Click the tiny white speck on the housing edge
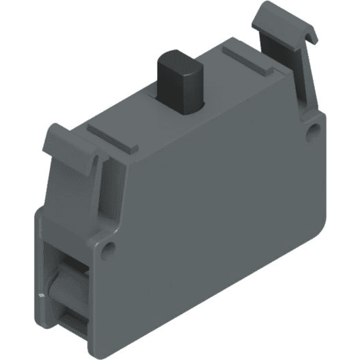pyautogui.click(x=41, y=296)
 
